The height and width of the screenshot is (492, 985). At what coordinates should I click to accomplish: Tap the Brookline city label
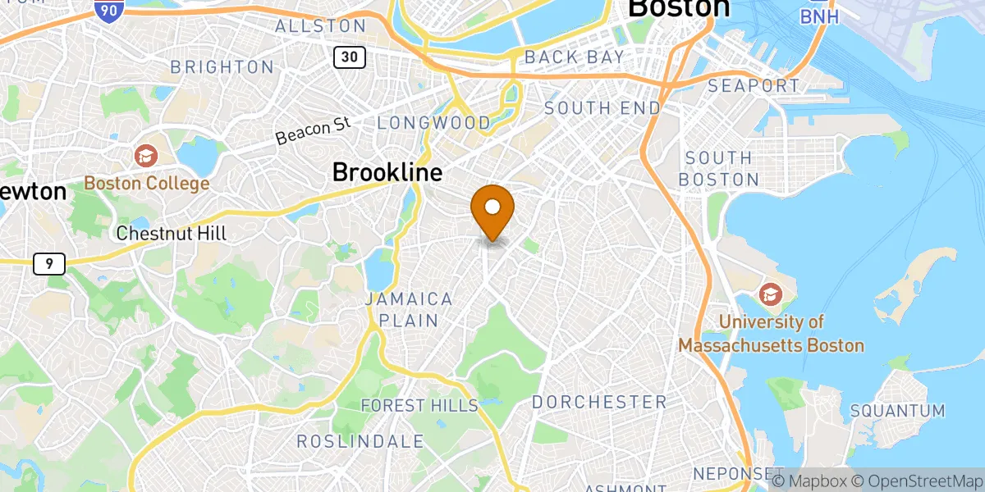click(x=387, y=172)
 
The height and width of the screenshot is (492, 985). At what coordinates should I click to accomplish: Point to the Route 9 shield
click(x=49, y=263)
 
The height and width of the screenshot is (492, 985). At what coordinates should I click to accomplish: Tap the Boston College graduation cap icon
click(x=145, y=155)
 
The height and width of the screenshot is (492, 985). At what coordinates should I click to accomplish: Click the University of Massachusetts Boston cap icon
click(x=771, y=293)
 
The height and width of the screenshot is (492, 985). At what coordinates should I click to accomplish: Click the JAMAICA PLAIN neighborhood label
click(x=409, y=309)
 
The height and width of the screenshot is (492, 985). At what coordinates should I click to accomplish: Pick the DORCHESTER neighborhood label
click(x=599, y=402)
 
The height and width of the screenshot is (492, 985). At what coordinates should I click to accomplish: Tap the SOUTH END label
click(x=602, y=108)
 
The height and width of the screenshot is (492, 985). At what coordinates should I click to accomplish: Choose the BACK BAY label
click(x=574, y=57)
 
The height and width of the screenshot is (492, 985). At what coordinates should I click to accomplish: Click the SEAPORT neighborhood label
click(x=753, y=86)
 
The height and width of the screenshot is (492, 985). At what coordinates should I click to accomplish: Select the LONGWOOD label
click(x=433, y=123)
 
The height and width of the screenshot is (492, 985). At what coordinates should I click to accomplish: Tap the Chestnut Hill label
click(x=171, y=234)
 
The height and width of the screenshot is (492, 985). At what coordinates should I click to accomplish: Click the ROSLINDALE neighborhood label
click(x=360, y=441)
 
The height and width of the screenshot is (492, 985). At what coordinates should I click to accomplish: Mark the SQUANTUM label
click(x=897, y=410)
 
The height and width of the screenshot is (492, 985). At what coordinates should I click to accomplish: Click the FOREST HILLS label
click(x=419, y=405)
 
